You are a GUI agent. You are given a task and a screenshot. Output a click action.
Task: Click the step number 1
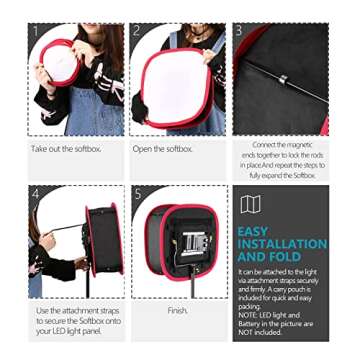pyautogui.click(x=37, y=31)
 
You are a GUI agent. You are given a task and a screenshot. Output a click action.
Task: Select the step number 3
pyautogui.click(x=240, y=31)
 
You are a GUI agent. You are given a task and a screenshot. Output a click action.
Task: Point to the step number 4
pyautogui.click(x=37, y=193)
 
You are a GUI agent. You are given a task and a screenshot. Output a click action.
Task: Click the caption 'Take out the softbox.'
pyautogui.click(x=67, y=149)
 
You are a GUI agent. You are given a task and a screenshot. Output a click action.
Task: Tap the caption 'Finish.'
pyautogui.click(x=178, y=310)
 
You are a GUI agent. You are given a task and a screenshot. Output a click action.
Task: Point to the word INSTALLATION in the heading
pyautogui.click(x=282, y=244)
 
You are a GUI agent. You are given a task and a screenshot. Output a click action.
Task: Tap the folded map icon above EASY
pyautogui.click(x=250, y=205)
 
